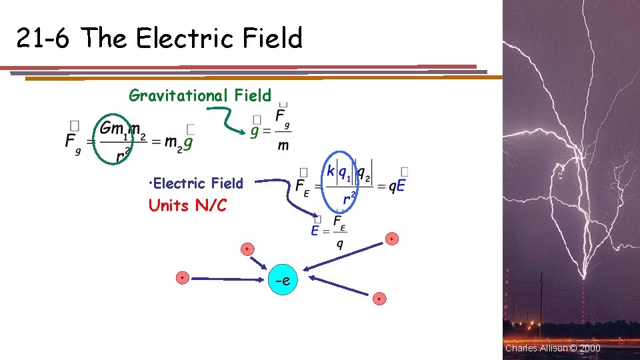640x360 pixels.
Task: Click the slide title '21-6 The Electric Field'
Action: [159, 39]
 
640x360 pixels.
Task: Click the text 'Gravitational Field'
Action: [200, 95]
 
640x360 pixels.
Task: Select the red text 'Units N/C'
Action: [187, 205]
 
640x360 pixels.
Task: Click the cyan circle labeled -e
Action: [282, 280]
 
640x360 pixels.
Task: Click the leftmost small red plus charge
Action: [181, 277]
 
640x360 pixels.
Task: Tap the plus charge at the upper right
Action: [391, 238]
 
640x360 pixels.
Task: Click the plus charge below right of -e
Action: [379, 299]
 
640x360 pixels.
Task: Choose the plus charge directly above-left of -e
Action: [247, 249]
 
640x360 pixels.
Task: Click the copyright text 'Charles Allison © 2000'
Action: [553, 348]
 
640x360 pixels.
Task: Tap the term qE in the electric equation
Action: [396, 187]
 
